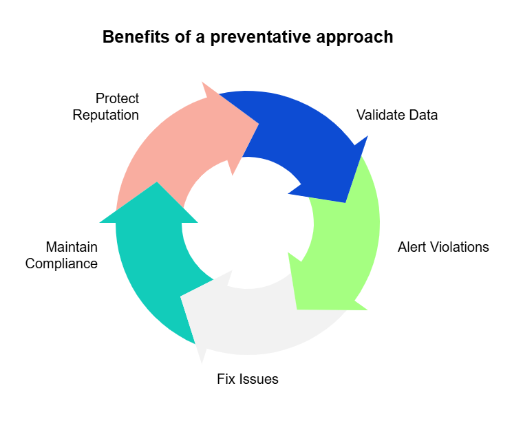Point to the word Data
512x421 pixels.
pos(423,115)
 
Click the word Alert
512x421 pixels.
pos(414,247)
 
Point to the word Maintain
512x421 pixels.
pos(71,247)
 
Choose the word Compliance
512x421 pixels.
pos(61,263)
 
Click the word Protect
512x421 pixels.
pos(117,98)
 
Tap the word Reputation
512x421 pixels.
pos(105,115)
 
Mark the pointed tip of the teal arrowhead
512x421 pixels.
pos(157,182)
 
